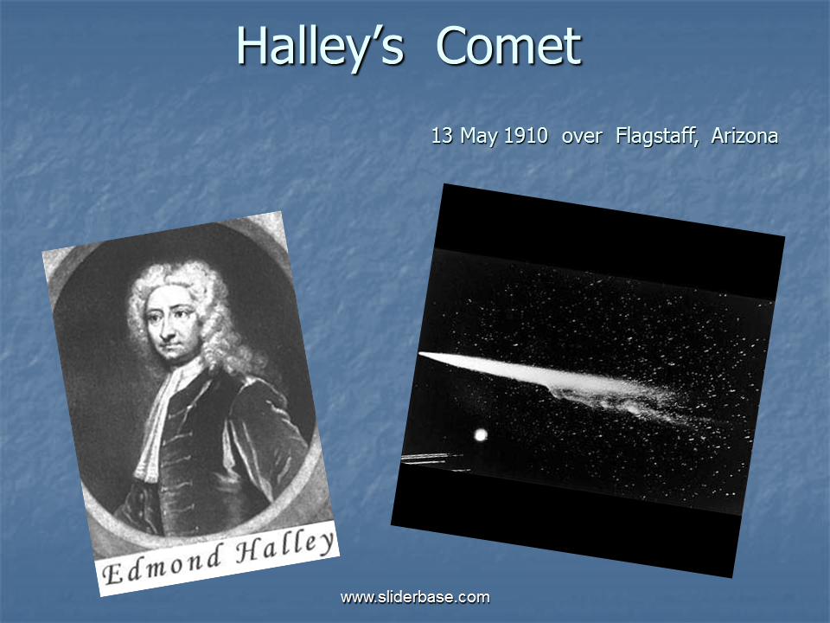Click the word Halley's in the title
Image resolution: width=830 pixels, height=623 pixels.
tap(320, 48)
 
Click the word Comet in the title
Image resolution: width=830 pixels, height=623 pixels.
tap(508, 46)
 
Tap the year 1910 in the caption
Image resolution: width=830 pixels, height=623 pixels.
tap(526, 136)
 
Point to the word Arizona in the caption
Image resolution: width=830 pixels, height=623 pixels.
tap(744, 136)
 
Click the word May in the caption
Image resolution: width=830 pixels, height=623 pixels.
tap(479, 137)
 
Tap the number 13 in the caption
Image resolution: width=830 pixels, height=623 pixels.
tap(442, 136)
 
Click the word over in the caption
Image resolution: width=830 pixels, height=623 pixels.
tap(582, 138)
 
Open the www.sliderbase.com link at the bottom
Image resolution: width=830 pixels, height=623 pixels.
tap(415, 597)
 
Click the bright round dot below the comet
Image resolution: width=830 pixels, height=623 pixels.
tap(481, 435)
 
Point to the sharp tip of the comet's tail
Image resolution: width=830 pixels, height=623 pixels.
tap(419, 353)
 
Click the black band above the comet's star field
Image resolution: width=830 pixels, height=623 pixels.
tap(609, 240)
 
